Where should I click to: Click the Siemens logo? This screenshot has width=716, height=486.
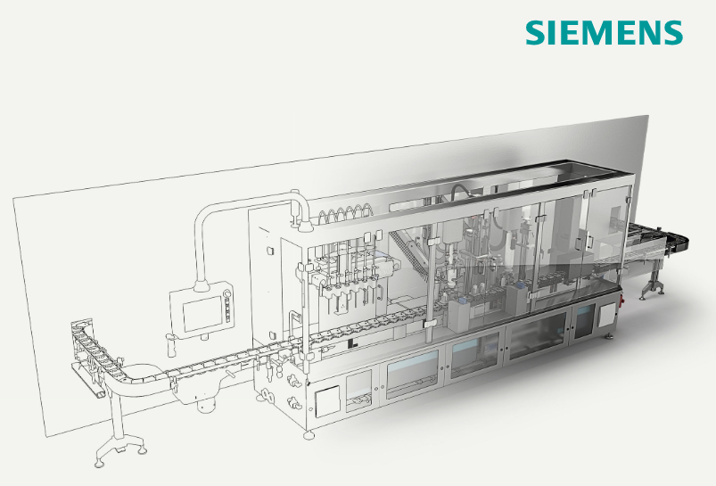point(604,32)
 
